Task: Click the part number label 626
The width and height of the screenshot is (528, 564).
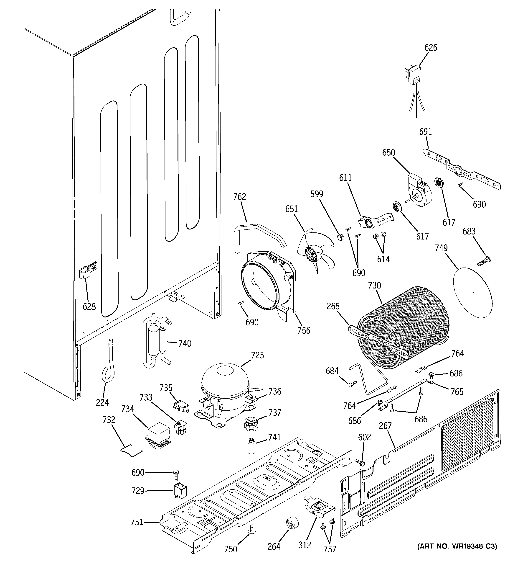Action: (x=431, y=48)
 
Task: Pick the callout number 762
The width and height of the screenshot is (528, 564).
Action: (x=239, y=197)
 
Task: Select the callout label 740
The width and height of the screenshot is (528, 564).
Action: (x=185, y=344)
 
